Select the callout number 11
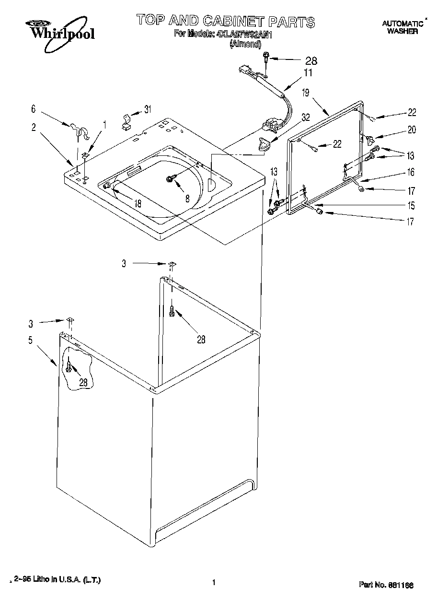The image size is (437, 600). tap(308, 73)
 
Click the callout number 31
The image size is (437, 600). tap(148, 109)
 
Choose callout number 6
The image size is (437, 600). tap(34, 109)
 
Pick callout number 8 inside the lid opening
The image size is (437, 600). tap(187, 197)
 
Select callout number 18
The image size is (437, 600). tap(138, 203)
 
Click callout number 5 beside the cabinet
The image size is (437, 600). tap(30, 340)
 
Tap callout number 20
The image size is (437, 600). tap(412, 129)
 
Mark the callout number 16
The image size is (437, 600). tap(411, 172)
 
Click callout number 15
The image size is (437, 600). tap(411, 206)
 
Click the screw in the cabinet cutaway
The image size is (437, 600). tap(70, 367)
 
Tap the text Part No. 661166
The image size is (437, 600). tap(386, 585)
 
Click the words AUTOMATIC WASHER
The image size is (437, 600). tap(402, 27)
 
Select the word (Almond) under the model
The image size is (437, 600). tap(245, 43)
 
